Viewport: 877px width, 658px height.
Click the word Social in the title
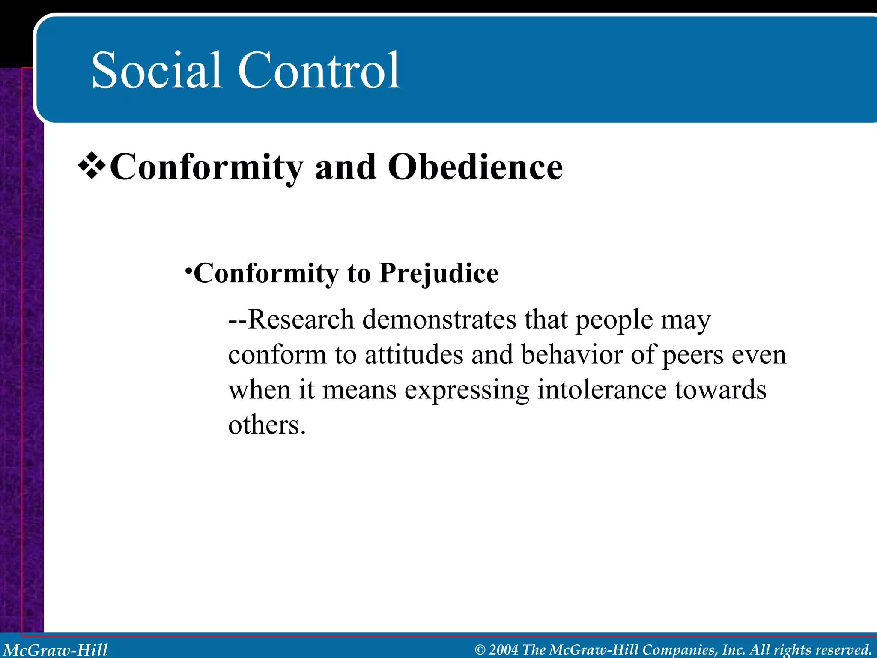click(157, 71)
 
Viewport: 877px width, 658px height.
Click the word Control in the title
click(319, 71)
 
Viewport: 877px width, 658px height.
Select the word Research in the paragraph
click(301, 320)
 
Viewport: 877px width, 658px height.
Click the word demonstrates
click(439, 320)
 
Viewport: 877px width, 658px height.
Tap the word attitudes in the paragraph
click(414, 355)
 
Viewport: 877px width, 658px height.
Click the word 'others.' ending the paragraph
click(267, 425)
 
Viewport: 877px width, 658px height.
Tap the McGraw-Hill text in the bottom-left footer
click(56, 650)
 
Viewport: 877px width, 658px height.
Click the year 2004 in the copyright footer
click(504, 650)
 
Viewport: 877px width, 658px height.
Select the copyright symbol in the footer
click(480, 650)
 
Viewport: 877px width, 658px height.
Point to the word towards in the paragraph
click(721, 390)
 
